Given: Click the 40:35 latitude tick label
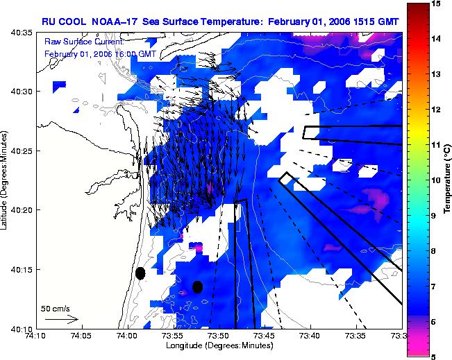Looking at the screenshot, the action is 22,33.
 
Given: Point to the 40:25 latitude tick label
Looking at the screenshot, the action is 22,151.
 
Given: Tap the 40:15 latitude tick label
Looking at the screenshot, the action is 22,270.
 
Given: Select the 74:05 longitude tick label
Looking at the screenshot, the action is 82,336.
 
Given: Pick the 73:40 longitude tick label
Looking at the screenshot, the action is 311,336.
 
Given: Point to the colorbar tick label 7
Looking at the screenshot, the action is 433,286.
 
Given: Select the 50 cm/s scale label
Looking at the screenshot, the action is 56,309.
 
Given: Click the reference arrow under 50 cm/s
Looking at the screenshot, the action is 62,319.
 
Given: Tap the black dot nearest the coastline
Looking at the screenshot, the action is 140,273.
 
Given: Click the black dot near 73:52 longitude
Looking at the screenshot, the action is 197,287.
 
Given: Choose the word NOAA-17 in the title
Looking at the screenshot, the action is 114,22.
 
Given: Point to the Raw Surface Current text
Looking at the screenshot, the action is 84,42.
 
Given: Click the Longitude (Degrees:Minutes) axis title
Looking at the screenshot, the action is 219,345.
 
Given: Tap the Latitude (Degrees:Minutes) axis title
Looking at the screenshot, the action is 3,180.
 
